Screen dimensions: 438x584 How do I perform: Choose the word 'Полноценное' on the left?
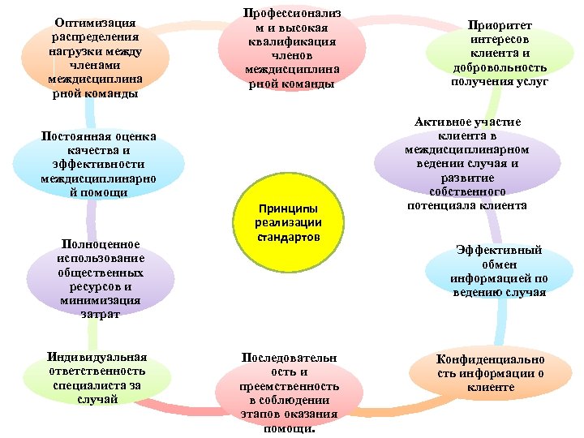(100, 243)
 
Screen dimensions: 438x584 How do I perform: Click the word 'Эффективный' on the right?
(499, 251)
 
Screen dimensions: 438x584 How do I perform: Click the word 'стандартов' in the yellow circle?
(289, 238)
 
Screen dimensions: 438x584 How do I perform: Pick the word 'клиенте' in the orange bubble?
(491, 387)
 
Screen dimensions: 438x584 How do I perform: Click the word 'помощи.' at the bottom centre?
(289, 428)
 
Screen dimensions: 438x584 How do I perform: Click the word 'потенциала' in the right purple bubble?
(448, 205)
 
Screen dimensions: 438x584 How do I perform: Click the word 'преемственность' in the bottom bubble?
(289, 386)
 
